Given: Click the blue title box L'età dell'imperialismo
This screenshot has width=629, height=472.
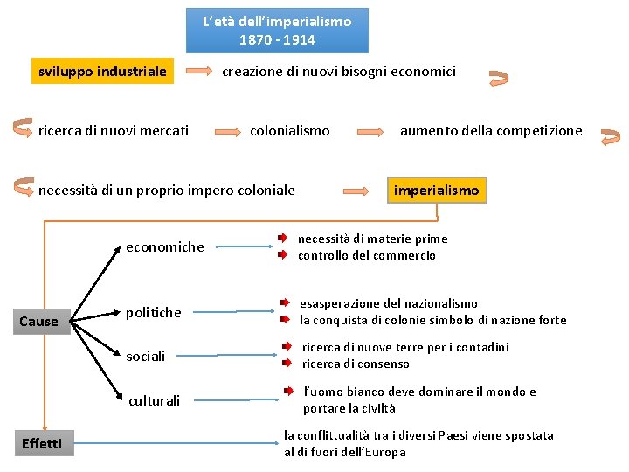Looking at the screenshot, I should coord(277,31).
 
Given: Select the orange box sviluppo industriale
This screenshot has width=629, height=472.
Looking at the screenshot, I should coord(102,71).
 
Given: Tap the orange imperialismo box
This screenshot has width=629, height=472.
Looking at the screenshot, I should coord(437,190).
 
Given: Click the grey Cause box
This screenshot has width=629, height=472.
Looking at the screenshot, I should coord(38,321).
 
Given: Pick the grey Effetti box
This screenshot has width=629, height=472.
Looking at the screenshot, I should coord(42,443).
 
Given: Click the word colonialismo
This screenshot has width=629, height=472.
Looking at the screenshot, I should coord(290,130).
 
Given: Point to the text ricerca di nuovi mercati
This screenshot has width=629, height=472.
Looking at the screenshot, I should coord(114,130).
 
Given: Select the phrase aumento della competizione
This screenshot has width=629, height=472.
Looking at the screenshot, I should coord(491,130).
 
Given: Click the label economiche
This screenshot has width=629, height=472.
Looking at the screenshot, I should coord(165,246).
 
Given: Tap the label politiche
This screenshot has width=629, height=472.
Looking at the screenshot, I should coord(154,312).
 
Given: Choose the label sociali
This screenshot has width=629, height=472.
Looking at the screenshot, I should coord(146,357).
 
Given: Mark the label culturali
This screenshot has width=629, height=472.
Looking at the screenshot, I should coord(155,401).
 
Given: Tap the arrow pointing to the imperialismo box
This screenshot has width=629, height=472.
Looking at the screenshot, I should coord(359,191).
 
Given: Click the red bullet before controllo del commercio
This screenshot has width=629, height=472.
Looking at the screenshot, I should coord(282,255).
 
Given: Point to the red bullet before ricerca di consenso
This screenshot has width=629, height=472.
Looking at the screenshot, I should coord(286,364).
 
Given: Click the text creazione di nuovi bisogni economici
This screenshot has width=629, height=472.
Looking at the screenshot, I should coord(339,71).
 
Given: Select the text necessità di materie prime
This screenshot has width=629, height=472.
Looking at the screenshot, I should coord(373,239).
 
